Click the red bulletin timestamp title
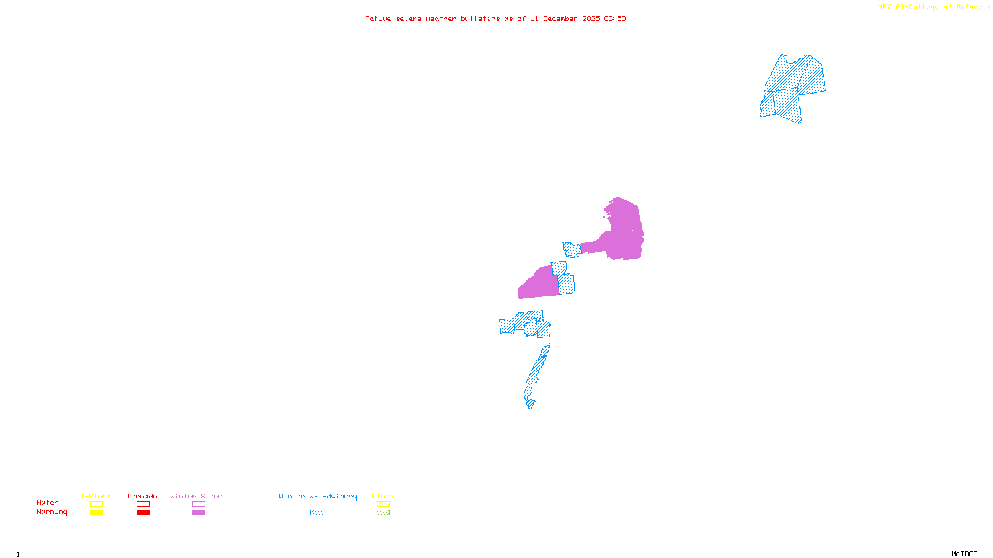(x=495, y=19)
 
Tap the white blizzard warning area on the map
(x=536, y=402)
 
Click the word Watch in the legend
(x=48, y=502)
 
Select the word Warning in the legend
(x=52, y=512)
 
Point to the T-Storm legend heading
(x=96, y=496)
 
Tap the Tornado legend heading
(x=142, y=496)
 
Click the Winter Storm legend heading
(x=196, y=496)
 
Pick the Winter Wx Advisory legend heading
(x=318, y=496)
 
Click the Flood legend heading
(x=383, y=496)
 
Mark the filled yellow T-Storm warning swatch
(x=96, y=513)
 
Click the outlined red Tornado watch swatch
(x=143, y=504)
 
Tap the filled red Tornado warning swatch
(x=143, y=513)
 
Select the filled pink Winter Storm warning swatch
(x=199, y=513)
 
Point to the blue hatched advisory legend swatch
(x=317, y=513)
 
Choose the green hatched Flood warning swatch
(x=383, y=513)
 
